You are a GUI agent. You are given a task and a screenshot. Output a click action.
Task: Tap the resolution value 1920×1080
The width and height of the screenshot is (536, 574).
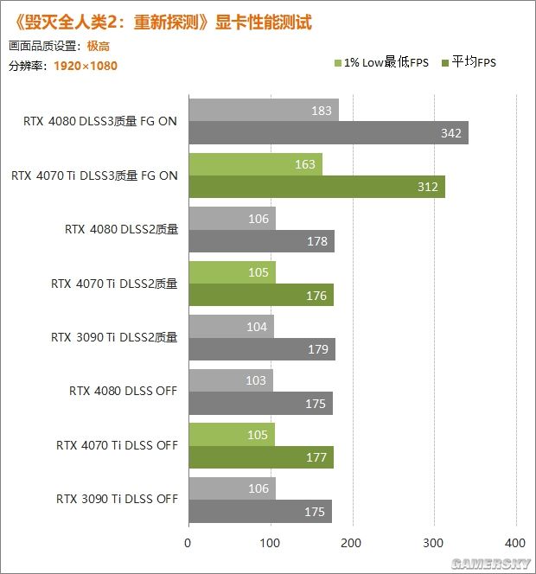(x=86, y=66)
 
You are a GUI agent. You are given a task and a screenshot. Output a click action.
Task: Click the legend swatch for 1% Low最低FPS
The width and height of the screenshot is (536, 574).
(x=338, y=63)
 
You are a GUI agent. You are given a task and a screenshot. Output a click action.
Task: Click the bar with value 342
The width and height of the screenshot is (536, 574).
(x=328, y=134)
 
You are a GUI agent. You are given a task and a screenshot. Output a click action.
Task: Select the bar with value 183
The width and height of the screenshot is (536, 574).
(x=263, y=111)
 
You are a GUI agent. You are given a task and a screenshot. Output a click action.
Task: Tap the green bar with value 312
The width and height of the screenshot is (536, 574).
(x=316, y=188)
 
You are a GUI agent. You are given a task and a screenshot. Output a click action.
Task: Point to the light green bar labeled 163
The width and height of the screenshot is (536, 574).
(x=255, y=164)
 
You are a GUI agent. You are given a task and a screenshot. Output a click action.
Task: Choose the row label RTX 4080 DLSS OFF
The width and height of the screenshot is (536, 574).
(x=123, y=391)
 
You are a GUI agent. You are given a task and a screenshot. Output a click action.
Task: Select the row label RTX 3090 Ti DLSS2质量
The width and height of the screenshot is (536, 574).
(x=114, y=337)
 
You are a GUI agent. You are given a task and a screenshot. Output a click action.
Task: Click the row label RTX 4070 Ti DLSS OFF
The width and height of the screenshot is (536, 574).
(x=117, y=445)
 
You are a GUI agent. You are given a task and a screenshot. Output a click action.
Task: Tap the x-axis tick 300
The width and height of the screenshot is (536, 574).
(x=434, y=543)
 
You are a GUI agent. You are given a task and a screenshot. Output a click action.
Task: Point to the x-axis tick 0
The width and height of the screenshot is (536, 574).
(x=188, y=543)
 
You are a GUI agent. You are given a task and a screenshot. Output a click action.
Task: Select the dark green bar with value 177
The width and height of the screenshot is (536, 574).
(x=260, y=458)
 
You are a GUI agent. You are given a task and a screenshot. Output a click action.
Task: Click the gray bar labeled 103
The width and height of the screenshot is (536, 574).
(x=230, y=380)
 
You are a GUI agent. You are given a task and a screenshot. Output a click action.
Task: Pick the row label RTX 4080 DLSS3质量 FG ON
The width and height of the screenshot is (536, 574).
(x=100, y=121)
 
